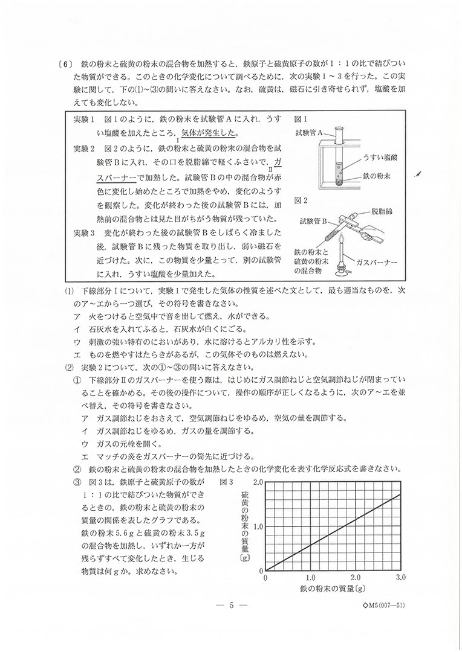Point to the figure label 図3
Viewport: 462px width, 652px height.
[x=226, y=482]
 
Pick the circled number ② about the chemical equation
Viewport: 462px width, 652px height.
[x=77, y=469]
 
